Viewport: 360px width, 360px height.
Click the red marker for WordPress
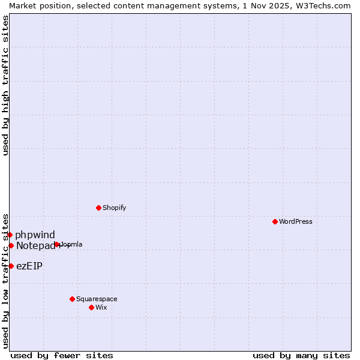[x=275, y=221]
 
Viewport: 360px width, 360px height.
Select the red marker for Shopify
[x=98, y=208]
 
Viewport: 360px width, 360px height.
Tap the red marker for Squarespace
[x=72, y=299]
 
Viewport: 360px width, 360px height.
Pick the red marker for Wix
[x=91, y=307]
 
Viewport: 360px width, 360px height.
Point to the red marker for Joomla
[x=57, y=244]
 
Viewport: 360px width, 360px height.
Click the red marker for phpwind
[x=10, y=235]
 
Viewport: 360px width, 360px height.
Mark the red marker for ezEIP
[x=11, y=266]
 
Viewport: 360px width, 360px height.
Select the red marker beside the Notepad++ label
[x=11, y=245]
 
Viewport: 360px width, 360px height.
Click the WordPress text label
[x=296, y=221]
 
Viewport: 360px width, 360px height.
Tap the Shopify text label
[x=115, y=208]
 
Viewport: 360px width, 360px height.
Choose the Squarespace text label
[x=97, y=299]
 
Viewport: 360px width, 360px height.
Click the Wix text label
[x=101, y=307]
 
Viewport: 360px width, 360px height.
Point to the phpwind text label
[x=35, y=235]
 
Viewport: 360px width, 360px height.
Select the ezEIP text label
[x=29, y=266]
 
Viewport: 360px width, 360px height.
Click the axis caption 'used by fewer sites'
[x=62, y=355]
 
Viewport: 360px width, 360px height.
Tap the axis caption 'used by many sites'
[x=301, y=355]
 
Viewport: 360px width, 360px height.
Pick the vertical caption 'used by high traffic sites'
[x=5, y=85]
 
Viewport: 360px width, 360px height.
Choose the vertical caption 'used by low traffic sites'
[x=5, y=280]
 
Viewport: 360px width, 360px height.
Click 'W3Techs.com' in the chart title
[x=322, y=5]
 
